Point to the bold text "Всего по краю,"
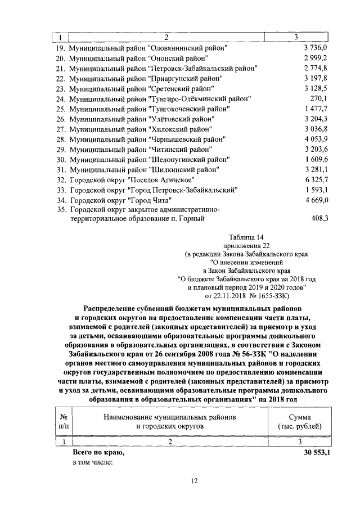[x=98, y=452]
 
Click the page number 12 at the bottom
[x=193, y=480]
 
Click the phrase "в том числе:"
[x=93, y=462]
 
